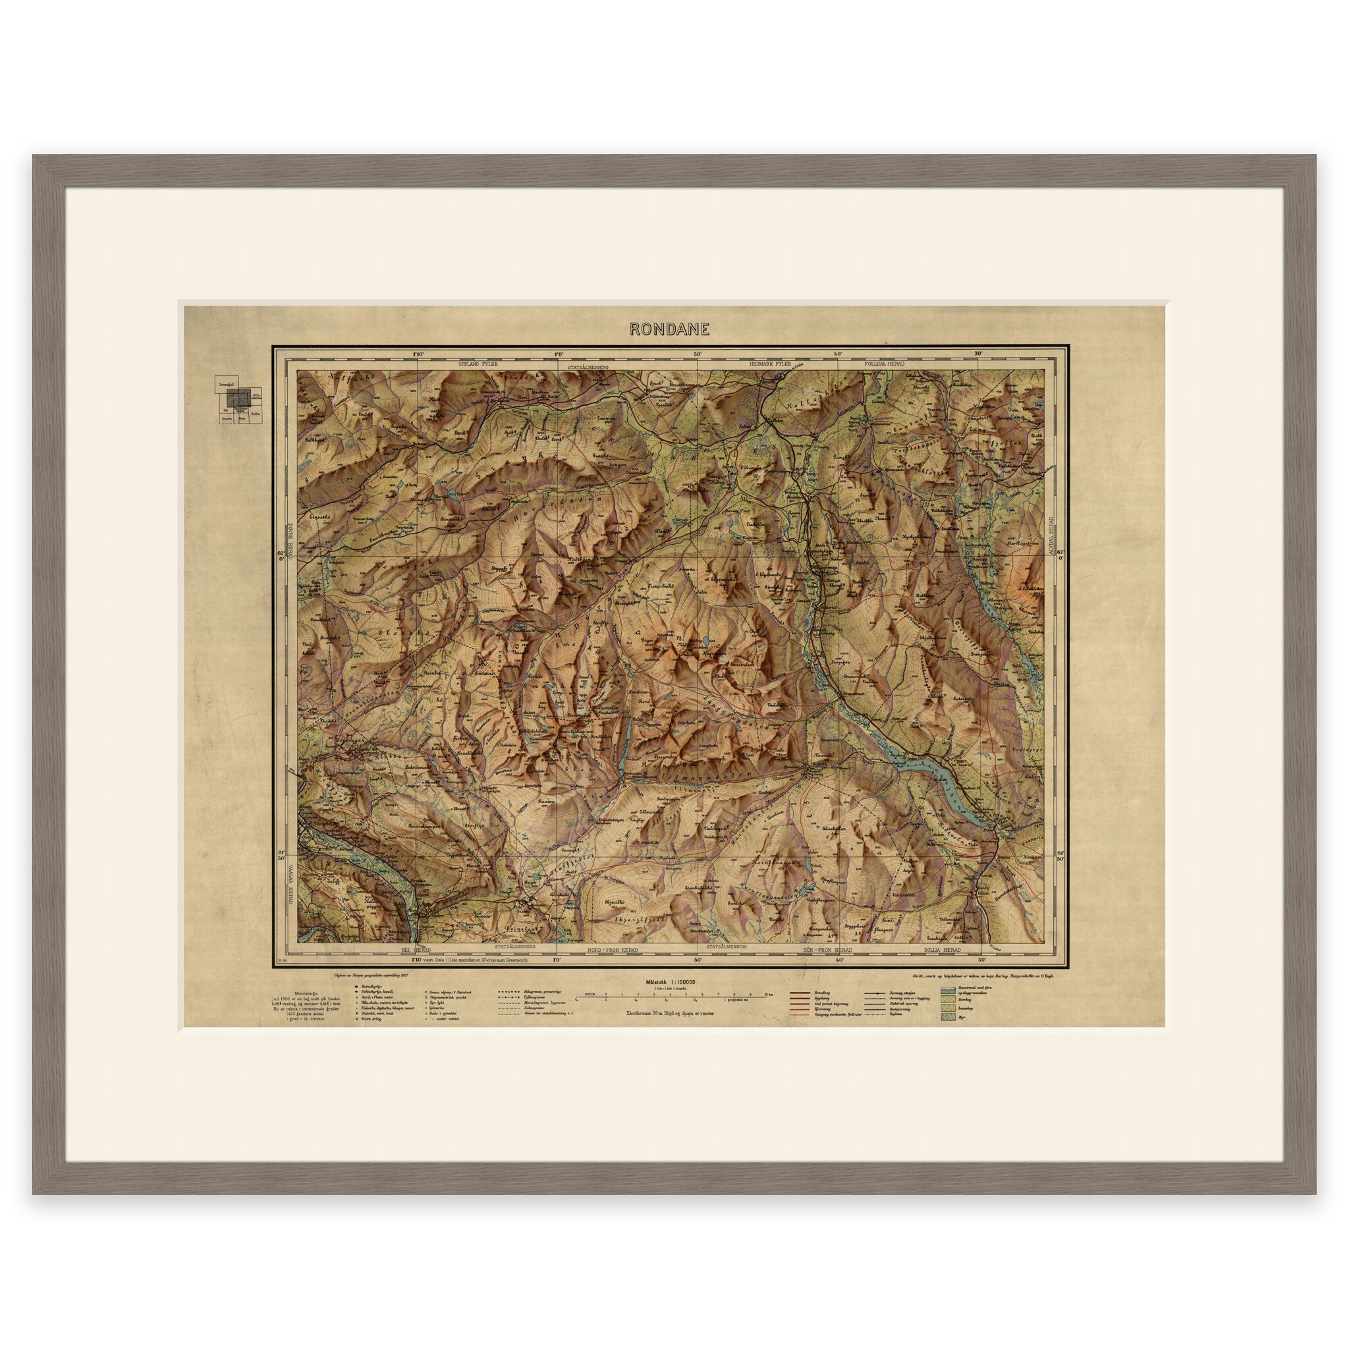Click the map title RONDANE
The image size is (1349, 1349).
point(670,329)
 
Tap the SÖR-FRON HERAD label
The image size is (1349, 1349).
point(825,950)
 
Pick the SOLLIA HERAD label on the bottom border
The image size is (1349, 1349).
point(940,950)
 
